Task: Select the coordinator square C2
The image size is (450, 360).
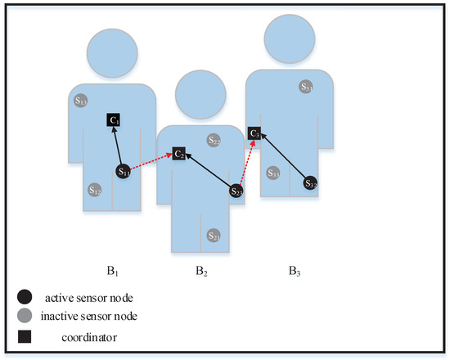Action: tap(179, 153)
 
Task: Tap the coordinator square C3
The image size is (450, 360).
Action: tap(255, 132)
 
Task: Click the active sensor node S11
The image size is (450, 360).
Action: tap(124, 172)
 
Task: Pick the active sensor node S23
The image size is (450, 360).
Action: tap(236, 191)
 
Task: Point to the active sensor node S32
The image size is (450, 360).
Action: tap(311, 183)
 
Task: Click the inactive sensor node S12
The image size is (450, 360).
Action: tap(95, 190)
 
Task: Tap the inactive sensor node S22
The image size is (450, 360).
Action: tap(214, 140)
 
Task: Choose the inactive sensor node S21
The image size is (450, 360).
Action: tap(214, 235)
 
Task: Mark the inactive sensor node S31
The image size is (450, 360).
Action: tap(306, 86)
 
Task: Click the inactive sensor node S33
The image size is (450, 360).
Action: tap(274, 173)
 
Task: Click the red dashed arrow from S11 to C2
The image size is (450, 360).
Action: tap(151, 162)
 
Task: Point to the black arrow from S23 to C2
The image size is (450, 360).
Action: tap(209, 172)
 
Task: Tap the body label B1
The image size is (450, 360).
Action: tap(110, 269)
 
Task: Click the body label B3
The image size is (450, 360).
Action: tap(293, 269)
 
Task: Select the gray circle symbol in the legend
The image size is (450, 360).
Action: tap(25, 314)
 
